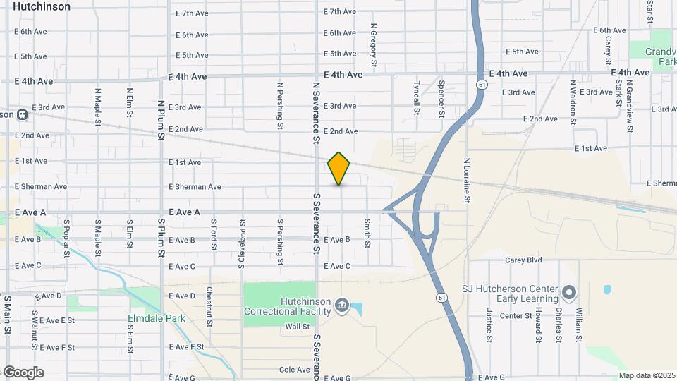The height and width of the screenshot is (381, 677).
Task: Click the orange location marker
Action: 339,168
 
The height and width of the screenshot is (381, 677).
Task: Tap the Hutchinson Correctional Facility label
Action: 287,306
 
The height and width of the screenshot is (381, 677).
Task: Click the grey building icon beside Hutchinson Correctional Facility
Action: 342,306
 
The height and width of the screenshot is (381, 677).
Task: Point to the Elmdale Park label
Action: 157,318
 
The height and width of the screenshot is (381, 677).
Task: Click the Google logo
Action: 23,372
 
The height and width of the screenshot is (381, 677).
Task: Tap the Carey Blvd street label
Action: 523,260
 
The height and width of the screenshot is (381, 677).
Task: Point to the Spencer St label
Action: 441,99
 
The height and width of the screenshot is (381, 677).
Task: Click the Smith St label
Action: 367,233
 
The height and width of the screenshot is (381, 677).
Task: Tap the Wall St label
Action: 298,327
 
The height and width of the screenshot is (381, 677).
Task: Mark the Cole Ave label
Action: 295,370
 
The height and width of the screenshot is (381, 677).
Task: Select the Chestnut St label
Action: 209,307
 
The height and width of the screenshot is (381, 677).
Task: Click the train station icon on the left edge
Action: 22,114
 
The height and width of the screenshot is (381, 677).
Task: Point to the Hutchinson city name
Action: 42,6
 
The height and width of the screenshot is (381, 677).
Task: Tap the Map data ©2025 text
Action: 647,375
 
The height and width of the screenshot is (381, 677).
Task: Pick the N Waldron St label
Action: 573,99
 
